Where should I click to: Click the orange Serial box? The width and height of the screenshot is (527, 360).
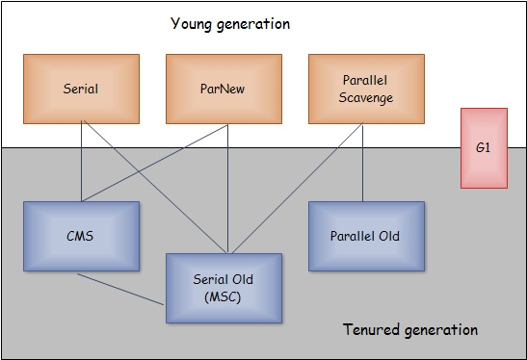[x=82, y=89]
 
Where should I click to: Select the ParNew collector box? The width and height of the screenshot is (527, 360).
[x=224, y=89]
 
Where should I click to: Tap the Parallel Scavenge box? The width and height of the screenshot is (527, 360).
[x=365, y=89]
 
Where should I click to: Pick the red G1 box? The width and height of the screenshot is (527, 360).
[x=483, y=147]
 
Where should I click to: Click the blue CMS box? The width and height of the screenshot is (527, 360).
[x=82, y=236]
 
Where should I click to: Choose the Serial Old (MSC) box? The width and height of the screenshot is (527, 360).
[x=224, y=287]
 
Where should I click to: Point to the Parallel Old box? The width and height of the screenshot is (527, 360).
[x=365, y=236]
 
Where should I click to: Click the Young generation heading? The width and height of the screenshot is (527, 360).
[x=229, y=23]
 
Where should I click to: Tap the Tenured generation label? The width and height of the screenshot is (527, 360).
[x=410, y=330]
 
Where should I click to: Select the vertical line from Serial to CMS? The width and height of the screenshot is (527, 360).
[x=81, y=162]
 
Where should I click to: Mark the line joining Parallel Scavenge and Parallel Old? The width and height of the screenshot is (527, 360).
[x=363, y=162]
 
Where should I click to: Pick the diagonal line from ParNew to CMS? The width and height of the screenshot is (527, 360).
[x=154, y=162]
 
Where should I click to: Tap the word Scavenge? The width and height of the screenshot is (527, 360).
[x=365, y=97]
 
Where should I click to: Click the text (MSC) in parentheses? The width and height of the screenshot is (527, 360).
[x=224, y=296]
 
